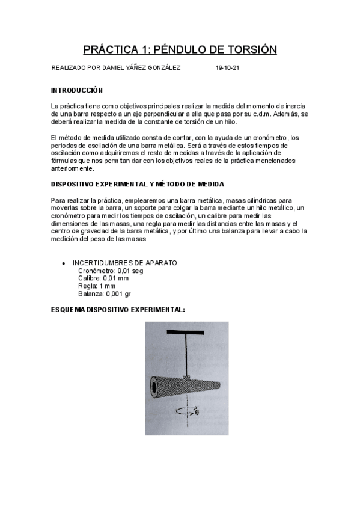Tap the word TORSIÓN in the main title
pos(247,49)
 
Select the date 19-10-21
pos(227,69)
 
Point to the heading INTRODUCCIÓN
pos(78,90)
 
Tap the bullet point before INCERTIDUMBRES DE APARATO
pos(64,263)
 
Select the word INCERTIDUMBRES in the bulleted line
pos(98,263)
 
